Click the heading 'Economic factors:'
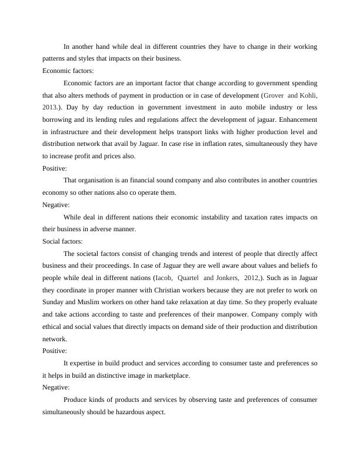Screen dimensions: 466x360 tap(68, 71)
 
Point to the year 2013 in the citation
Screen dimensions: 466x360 tap(51, 108)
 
